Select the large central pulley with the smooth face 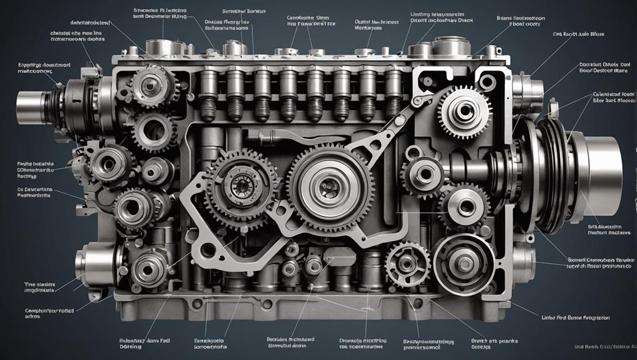pyautogui.click(x=326, y=185)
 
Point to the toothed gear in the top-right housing pyautogui.click(x=464, y=112)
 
